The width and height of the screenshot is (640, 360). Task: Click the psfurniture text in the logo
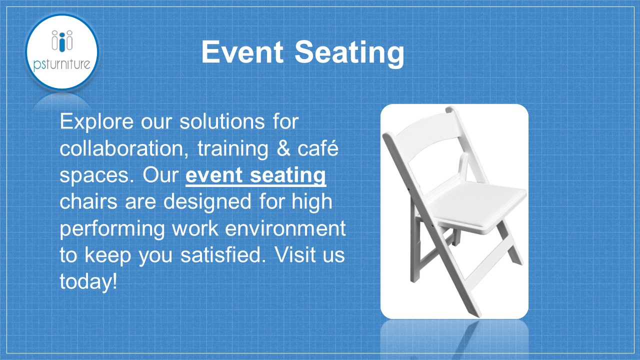tap(62, 64)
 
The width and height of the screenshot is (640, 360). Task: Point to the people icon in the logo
tap(62, 40)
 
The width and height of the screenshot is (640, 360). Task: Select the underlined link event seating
tap(255, 175)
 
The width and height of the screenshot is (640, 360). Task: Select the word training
tap(233, 149)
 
